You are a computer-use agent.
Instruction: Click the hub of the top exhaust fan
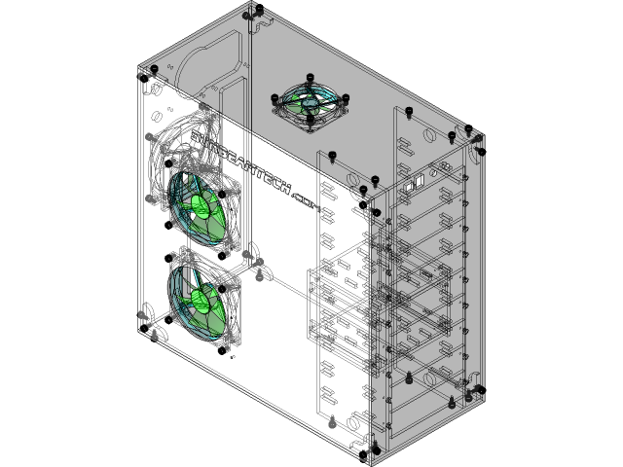tap(311, 100)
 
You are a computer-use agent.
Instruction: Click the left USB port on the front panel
tap(408, 185)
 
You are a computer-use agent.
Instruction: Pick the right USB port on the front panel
tap(419, 180)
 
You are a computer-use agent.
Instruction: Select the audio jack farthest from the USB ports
tap(447, 166)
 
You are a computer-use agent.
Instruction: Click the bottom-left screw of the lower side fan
tap(171, 317)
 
